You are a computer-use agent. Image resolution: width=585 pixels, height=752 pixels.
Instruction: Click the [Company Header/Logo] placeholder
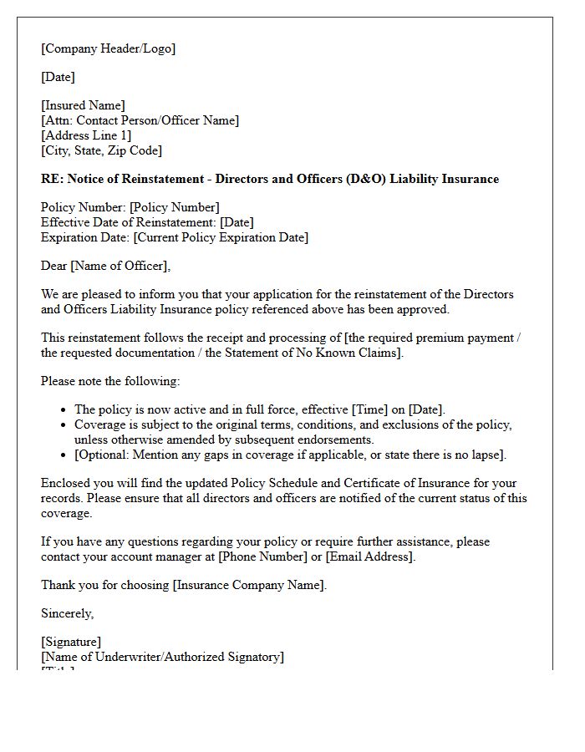coord(108,48)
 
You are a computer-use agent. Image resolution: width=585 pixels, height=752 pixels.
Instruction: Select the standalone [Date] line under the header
coord(58,77)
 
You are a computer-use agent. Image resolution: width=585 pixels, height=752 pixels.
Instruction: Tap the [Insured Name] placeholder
coord(83,105)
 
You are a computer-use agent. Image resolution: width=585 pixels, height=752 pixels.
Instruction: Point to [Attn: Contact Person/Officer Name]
coord(140,120)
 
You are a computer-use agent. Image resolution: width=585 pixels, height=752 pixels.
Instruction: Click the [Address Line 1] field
coord(86,135)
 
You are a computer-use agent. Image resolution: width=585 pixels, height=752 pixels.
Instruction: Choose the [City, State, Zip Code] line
coord(101,150)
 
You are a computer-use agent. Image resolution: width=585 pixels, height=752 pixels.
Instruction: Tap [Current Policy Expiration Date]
coord(221,237)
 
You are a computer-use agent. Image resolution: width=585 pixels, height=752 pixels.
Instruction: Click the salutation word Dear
coord(54,266)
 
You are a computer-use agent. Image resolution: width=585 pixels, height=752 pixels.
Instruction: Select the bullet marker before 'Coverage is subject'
coord(64,424)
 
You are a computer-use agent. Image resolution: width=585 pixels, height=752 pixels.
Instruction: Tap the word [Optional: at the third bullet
coord(104,455)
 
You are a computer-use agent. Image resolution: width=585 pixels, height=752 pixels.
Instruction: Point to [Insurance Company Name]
coord(248,585)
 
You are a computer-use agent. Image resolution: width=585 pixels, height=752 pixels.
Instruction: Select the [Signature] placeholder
coord(71,642)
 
